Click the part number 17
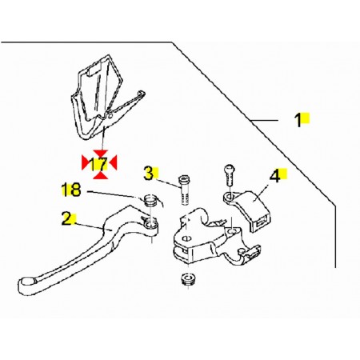98,164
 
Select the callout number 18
71,190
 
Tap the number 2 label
67,218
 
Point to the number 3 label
149,174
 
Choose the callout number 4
275,176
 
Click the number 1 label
298,120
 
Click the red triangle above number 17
101,154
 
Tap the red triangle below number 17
101,175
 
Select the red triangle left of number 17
85,162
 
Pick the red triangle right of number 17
114,162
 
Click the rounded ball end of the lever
26,284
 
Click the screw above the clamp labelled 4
230,175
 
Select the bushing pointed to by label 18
150,200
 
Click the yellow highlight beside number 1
306,118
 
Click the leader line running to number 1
266,121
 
